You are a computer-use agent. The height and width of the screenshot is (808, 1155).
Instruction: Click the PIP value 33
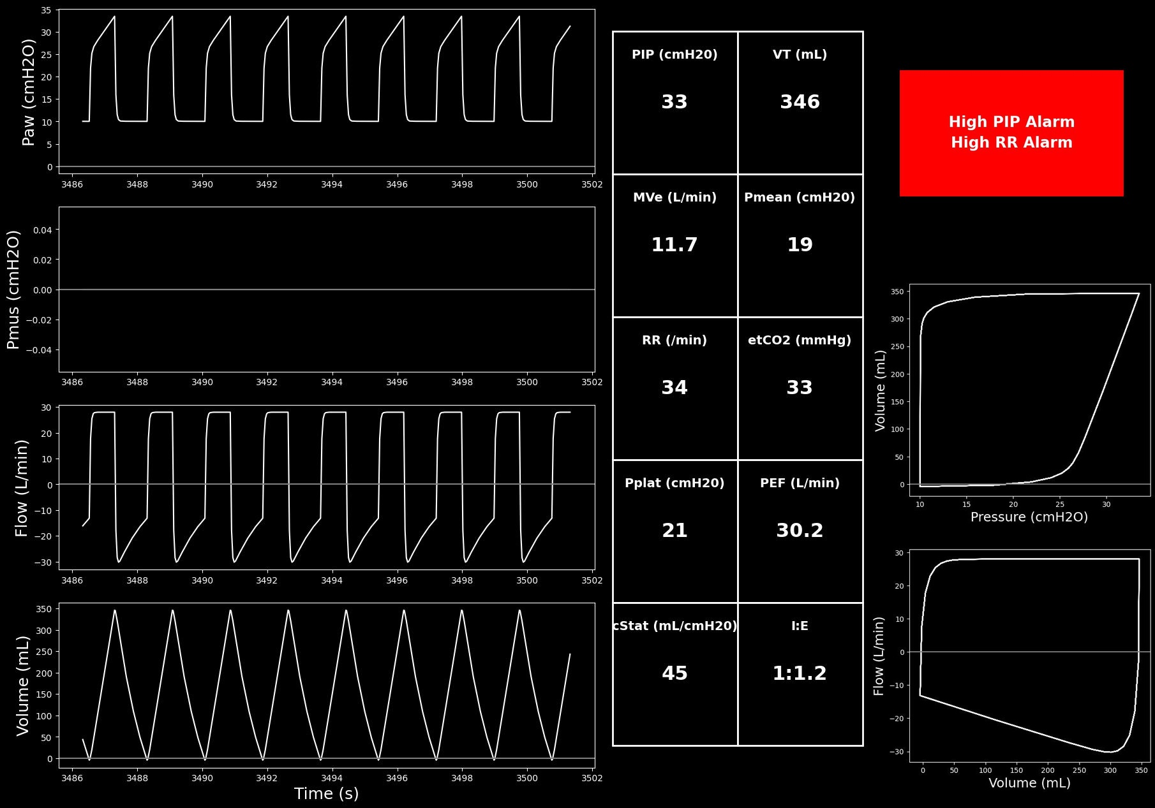pyautogui.click(x=674, y=102)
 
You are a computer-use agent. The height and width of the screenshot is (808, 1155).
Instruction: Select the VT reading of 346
pyautogui.click(x=800, y=102)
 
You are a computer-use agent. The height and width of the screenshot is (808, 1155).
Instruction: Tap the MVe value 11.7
pyautogui.click(x=674, y=245)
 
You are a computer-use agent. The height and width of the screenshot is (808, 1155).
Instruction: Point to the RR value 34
pyautogui.click(x=674, y=388)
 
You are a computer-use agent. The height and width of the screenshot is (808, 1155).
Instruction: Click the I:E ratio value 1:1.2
pyautogui.click(x=800, y=673)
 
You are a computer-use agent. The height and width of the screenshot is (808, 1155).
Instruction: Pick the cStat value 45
pyautogui.click(x=674, y=673)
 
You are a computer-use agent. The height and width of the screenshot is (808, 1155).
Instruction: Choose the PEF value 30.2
pyautogui.click(x=800, y=531)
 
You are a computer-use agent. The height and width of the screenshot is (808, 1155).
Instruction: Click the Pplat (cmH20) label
pyautogui.click(x=674, y=483)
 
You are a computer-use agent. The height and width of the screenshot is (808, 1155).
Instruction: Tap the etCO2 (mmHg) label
pyautogui.click(x=800, y=341)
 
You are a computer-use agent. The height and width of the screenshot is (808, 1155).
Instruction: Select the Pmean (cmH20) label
pyautogui.click(x=800, y=198)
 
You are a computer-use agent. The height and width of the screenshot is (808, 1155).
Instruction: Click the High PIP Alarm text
pyautogui.click(x=1011, y=122)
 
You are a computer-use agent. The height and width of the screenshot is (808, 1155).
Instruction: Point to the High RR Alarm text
pyautogui.click(x=1011, y=142)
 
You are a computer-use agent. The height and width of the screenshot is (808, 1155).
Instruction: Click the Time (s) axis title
pyautogui.click(x=326, y=794)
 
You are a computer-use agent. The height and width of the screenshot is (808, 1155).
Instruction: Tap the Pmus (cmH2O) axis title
pyautogui.click(x=13, y=290)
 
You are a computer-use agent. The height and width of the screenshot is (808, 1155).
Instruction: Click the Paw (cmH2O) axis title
pyautogui.click(x=29, y=92)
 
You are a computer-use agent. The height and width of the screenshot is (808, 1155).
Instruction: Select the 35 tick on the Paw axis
pyautogui.click(x=47, y=10)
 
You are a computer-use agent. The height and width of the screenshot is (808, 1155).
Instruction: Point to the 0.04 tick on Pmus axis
pyautogui.click(x=43, y=230)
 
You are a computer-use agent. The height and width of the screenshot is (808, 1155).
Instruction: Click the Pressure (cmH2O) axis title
pyautogui.click(x=1029, y=517)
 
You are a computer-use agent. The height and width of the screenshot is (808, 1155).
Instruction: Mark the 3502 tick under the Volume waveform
pyautogui.click(x=592, y=778)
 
